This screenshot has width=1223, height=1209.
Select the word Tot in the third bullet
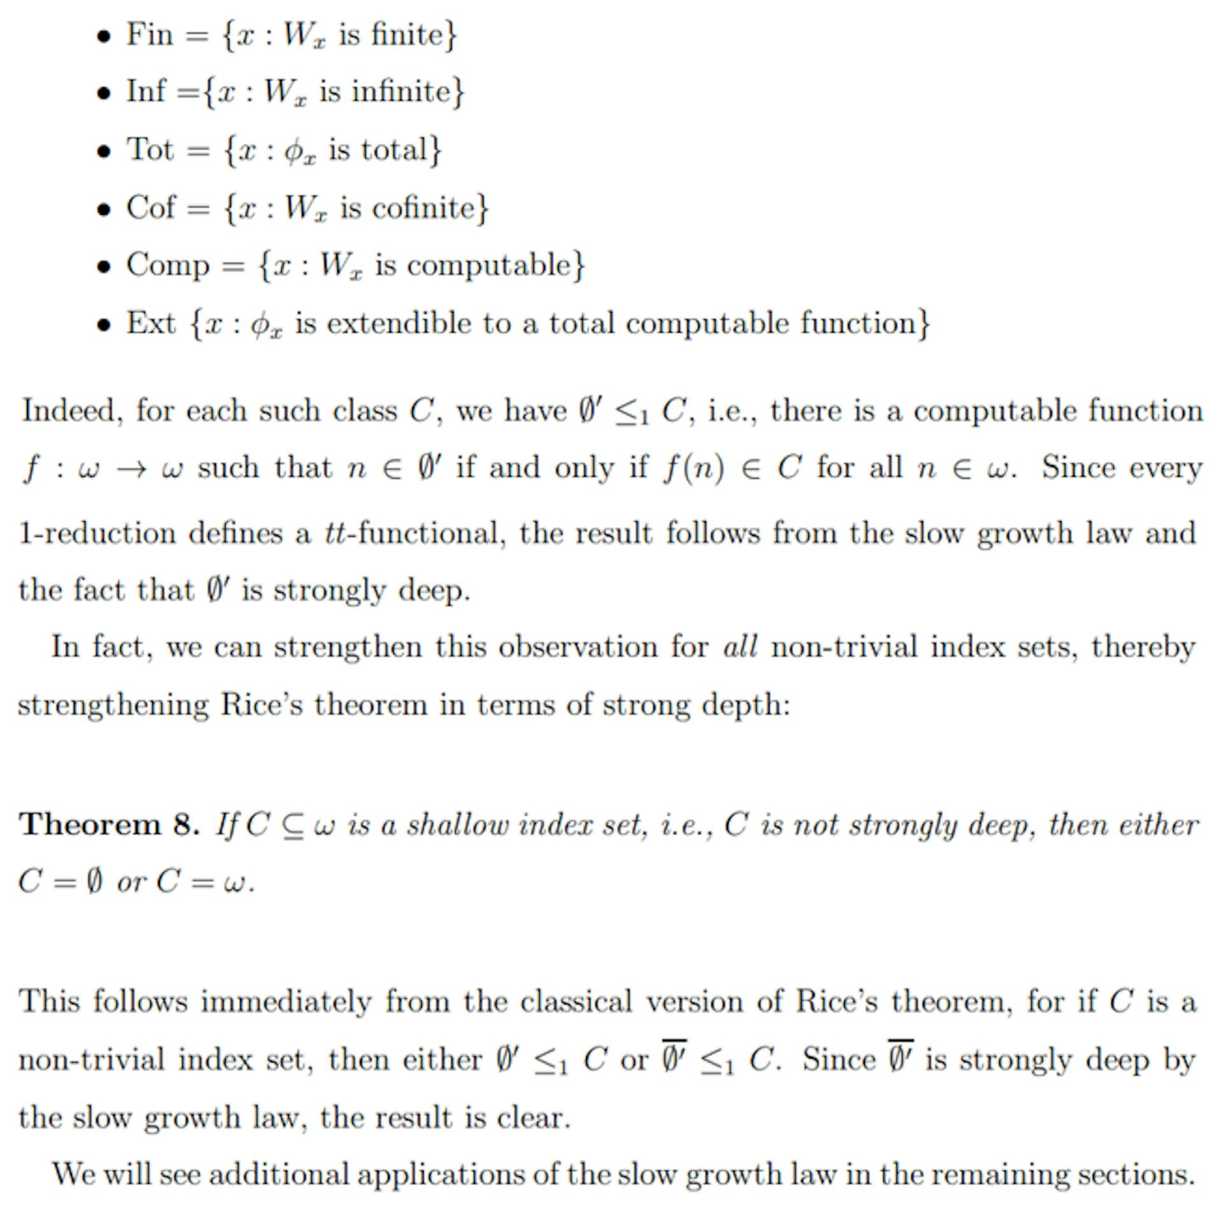[150, 150]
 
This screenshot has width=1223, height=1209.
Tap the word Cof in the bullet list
[150, 208]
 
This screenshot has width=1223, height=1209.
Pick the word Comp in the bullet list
[168, 265]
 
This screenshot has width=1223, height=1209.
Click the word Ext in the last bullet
[150, 323]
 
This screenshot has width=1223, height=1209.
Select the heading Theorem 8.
[109, 824]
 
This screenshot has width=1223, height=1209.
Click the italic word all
[740, 647]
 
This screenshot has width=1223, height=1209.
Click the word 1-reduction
[97, 533]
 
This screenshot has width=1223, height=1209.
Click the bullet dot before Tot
[103, 152]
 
